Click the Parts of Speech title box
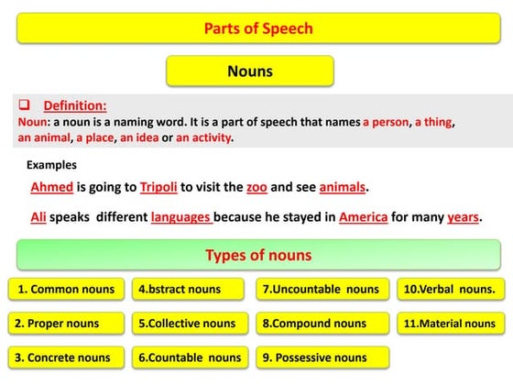coord(257,28)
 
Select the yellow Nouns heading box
coord(249,71)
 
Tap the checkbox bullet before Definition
coord(25,105)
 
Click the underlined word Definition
coord(75,105)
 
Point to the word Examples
coord(51,165)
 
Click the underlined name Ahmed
coord(51,188)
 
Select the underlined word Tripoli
coord(158,188)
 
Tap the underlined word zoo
coord(256,188)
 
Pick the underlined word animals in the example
coord(342,188)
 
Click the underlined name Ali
coord(38,218)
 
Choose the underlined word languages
coord(181,218)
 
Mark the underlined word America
coord(363,218)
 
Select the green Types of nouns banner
coord(258,255)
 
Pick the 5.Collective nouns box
coord(187,324)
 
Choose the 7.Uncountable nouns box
coord(321,290)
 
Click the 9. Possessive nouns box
coord(321,357)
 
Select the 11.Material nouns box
coord(450,324)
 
